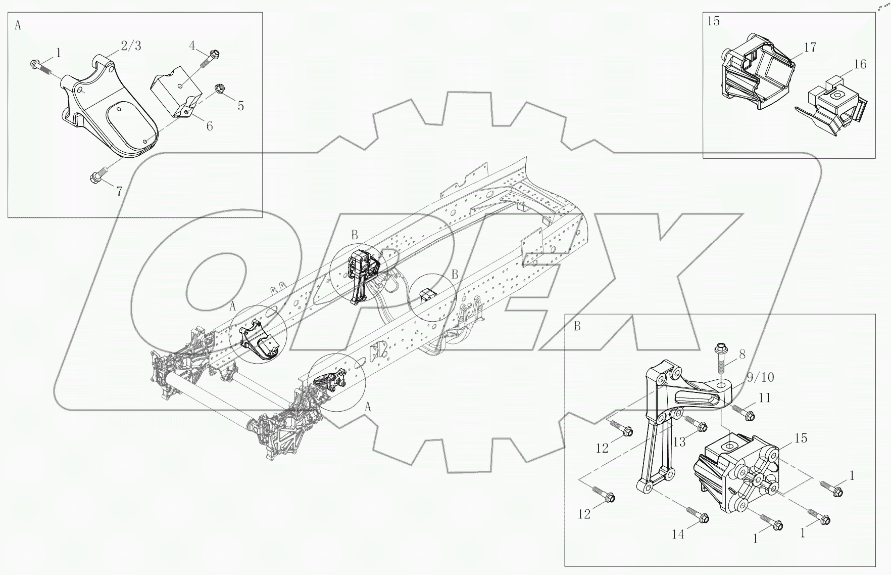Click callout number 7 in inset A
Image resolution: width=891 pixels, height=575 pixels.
119,191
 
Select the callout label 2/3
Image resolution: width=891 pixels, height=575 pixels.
130,46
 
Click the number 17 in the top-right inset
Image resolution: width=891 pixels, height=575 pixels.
810,48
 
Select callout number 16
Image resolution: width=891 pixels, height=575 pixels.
860,64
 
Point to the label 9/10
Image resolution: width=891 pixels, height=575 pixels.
760,377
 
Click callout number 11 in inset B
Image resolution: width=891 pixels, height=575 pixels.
765,398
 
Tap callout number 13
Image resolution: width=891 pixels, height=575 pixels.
679,442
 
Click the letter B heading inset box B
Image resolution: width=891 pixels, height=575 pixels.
577,327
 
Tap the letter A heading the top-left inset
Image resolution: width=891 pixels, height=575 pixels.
18,26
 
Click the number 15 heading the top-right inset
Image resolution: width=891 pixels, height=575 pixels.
713,21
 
